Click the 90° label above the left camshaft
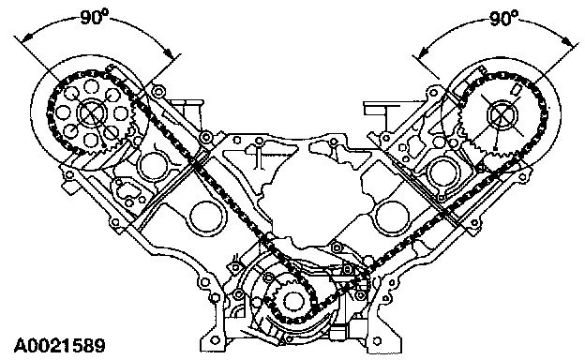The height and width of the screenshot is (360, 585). point(95,17)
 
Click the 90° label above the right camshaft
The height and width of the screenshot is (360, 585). point(503,18)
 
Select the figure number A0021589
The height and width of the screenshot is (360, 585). point(60,346)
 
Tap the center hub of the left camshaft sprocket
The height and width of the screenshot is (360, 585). point(91,112)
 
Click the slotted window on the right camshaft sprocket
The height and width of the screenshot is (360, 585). point(517,89)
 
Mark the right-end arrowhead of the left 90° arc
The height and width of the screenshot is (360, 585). point(170,54)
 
